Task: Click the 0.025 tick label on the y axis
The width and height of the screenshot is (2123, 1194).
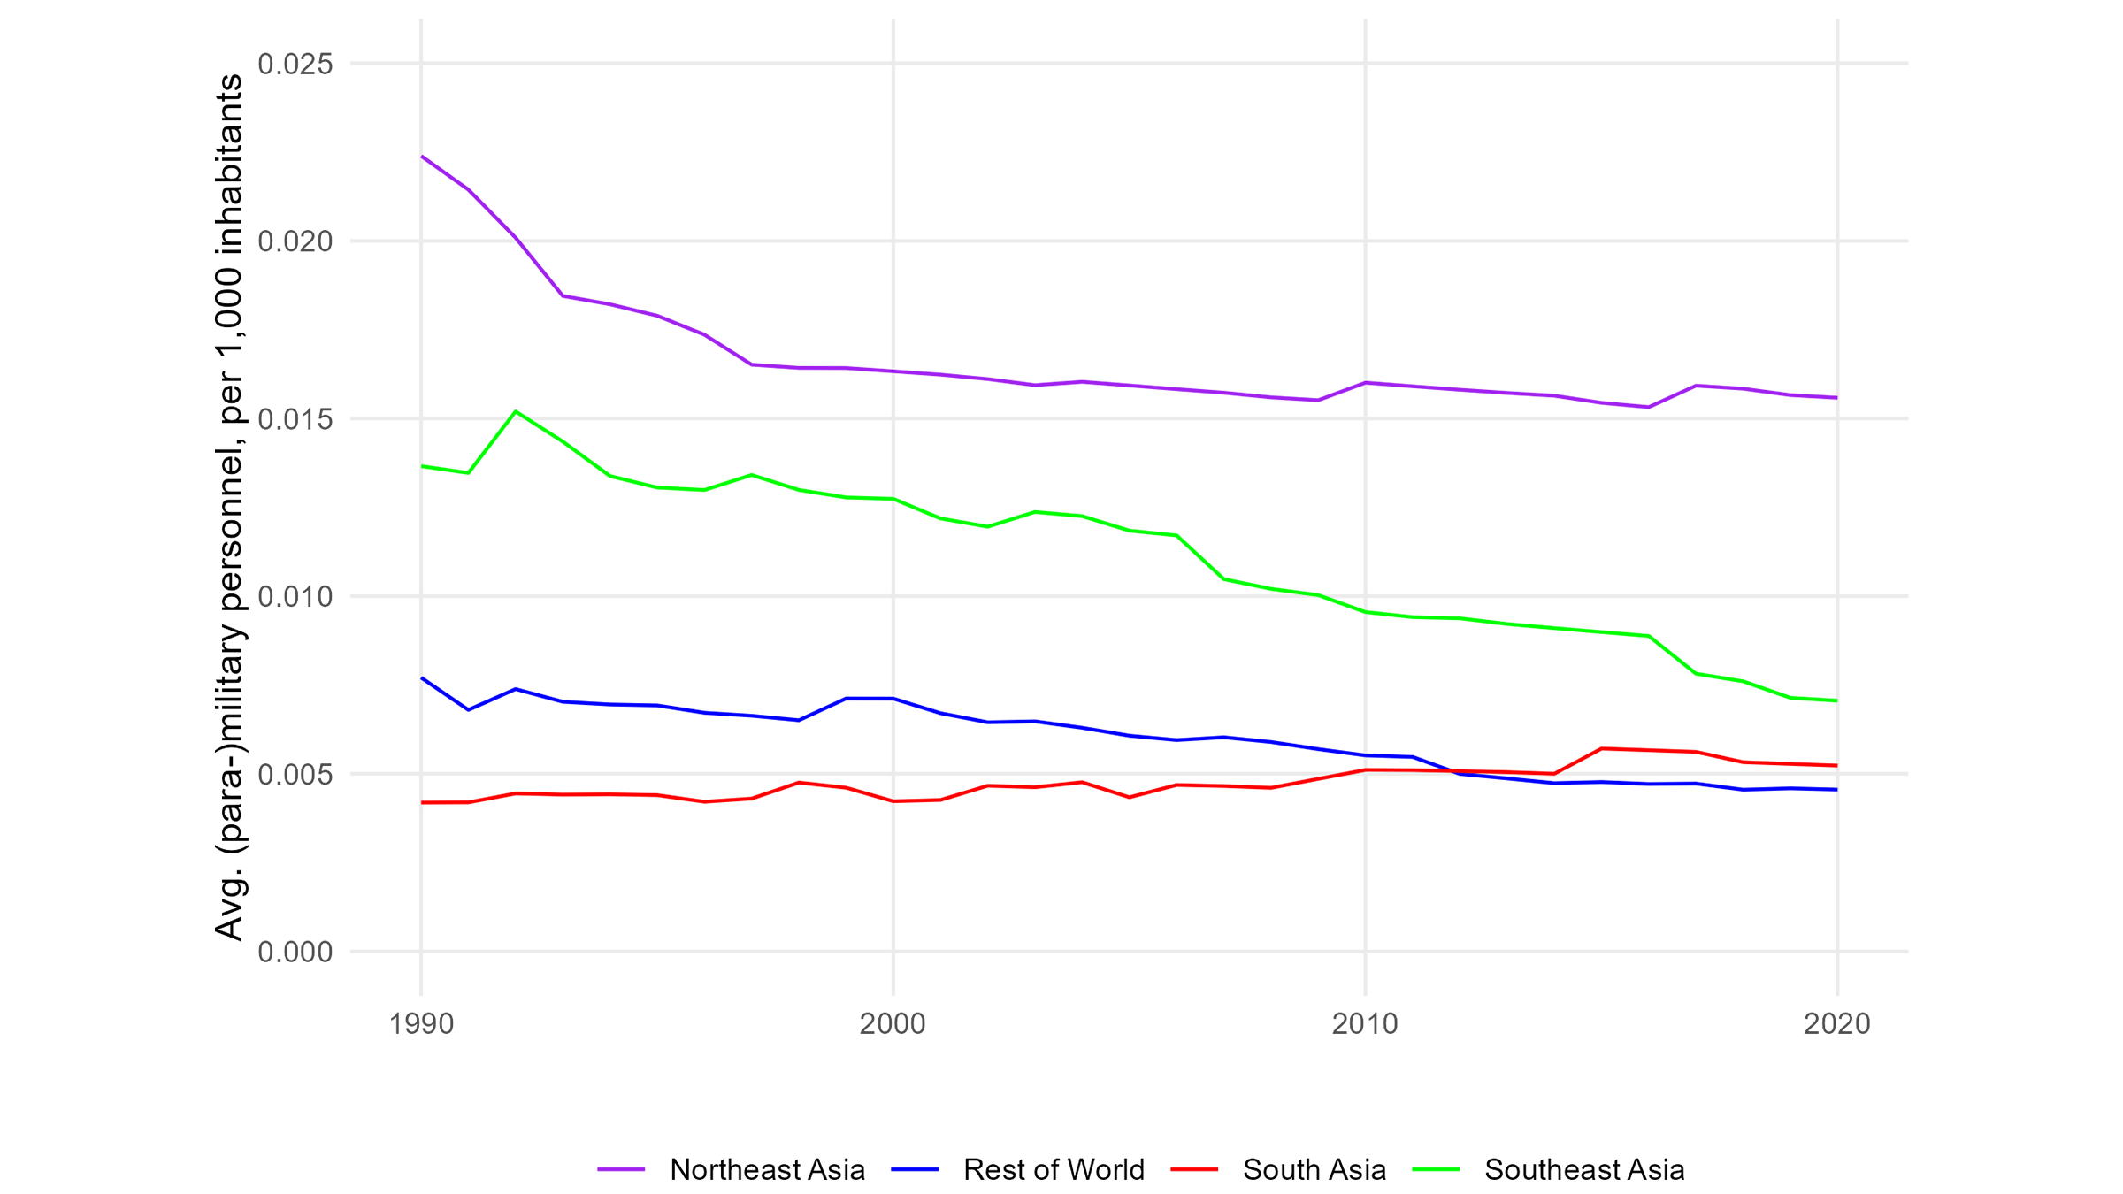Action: (295, 64)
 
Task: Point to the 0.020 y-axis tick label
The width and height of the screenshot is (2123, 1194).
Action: (295, 241)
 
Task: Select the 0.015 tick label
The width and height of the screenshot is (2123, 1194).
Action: (295, 419)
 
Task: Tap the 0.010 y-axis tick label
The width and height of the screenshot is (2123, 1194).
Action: (295, 597)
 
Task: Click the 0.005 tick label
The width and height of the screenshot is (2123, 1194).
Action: (295, 775)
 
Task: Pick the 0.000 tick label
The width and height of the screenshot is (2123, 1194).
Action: (295, 953)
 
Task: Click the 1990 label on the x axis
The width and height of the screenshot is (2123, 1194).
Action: (421, 1024)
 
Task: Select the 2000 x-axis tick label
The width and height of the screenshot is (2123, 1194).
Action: (893, 1024)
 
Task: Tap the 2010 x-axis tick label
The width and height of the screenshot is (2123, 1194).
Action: (1365, 1024)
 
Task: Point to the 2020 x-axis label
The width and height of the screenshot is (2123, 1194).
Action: (1837, 1024)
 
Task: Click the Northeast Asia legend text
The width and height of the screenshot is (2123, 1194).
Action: (767, 1170)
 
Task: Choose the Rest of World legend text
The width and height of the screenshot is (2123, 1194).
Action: (1054, 1170)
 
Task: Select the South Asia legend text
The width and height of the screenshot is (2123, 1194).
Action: (1314, 1170)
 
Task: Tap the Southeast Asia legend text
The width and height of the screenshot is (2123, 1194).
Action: (1584, 1170)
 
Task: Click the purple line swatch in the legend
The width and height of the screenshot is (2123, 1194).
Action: (621, 1170)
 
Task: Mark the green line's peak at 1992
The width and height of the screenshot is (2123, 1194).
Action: (516, 411)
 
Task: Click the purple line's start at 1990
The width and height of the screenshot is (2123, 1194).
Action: (422, 157)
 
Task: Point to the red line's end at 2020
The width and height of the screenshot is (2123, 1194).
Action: (1836, 765)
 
